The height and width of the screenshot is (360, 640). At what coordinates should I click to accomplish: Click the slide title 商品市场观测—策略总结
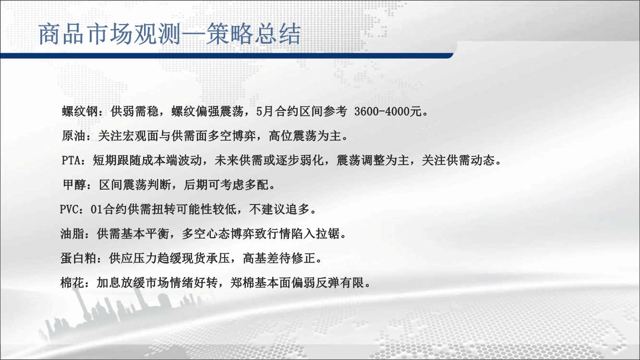pyautogui.click(x=169, y=34)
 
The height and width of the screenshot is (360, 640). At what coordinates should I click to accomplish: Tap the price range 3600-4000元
pyautogui.click(x=388, y=111)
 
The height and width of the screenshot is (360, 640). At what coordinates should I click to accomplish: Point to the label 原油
pyautogui.click(x=74, y=136)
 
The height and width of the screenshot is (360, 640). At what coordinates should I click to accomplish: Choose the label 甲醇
pyautogui.click(x=74, y=185)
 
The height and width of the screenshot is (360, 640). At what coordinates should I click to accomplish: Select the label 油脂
pyautogui.click(x=72, y=234)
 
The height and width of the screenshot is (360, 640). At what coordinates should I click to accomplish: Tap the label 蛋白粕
pyautogui.click(x=79, y=258)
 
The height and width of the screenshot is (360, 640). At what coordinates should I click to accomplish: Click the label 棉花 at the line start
pyautogui.click(x=72, y=283)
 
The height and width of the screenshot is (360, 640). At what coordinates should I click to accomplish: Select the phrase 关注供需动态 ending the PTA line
pyautogui.click(x=458, y=160)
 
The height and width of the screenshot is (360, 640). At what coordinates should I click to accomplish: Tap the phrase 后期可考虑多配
pyautogui.click(x=226, y=185)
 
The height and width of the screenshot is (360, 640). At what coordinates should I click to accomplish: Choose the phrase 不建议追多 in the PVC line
pyautogui.click(x=279, y=209)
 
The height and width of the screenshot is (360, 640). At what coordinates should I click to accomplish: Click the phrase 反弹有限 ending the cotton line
pyautogui.click(x=340, y=283)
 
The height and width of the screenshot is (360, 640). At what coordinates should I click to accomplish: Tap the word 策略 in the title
pyautogui.click(x=229, y=34)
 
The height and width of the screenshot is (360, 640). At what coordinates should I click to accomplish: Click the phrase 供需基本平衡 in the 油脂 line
pyautogui.click(x=133, y=234)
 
